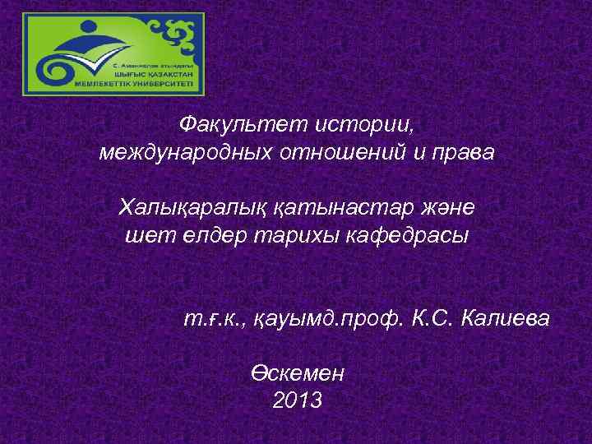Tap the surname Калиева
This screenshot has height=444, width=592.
pyautogui.click(x=505, y=317)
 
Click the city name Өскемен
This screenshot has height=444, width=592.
pyautogui.click(x=297, y=372)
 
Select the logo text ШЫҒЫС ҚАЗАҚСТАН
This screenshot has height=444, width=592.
pyautogui.click(x=160, y=72)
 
